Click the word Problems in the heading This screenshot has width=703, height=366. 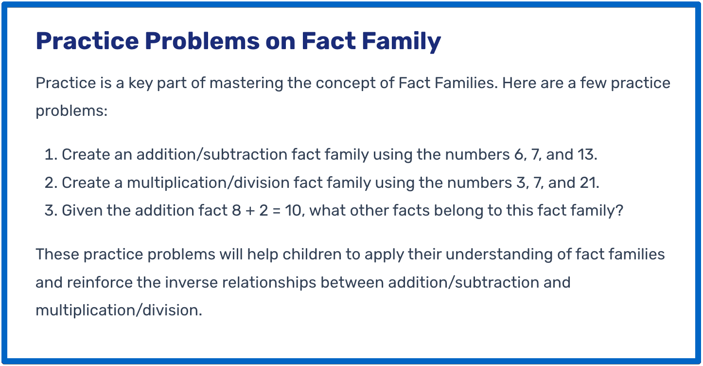pos(202,41)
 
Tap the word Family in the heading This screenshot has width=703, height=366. pos(402,41)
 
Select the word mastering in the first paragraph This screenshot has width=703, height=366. pos(246,84)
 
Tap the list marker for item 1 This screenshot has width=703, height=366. pos(51,155)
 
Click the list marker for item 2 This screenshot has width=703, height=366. pos(51,183)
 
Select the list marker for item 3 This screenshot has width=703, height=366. pos(51,210)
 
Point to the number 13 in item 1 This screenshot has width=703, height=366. pos(587,155)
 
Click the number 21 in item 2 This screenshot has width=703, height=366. pos(589,183)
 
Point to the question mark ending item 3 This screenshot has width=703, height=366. pos(619,210)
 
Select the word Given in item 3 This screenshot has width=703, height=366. pos(82,210)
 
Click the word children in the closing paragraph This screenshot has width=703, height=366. pos(312,254)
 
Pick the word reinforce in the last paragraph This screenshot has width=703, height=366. pos(100,282)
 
